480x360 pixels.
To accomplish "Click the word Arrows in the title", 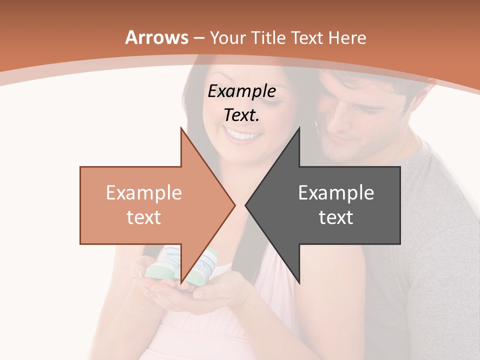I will click(157, 37).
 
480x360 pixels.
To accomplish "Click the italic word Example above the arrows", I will click(241, 91).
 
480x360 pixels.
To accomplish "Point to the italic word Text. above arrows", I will click(241, 115).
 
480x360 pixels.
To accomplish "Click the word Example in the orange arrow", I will click(143, 193).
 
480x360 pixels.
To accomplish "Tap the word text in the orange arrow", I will click(143, 217).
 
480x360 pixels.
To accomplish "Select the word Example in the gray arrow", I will click(336, 193).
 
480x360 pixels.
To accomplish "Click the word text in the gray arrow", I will click(336, 217).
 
